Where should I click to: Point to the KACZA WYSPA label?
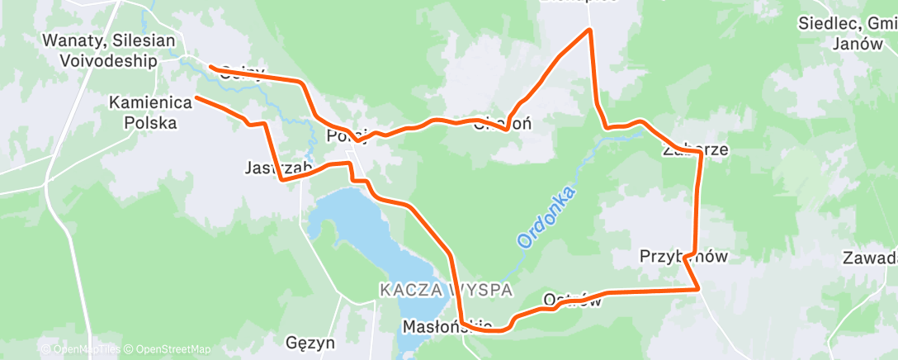[x=447, y=290]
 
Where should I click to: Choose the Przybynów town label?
[x=684, y=257]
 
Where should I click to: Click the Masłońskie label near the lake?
[x=447, y=326]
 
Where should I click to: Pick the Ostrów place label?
[x=572, y=299]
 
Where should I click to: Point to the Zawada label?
[x=870, y=258]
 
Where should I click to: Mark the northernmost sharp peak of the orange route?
[x=589, y=30]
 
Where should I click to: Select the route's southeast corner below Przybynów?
[x=700, y=289]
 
